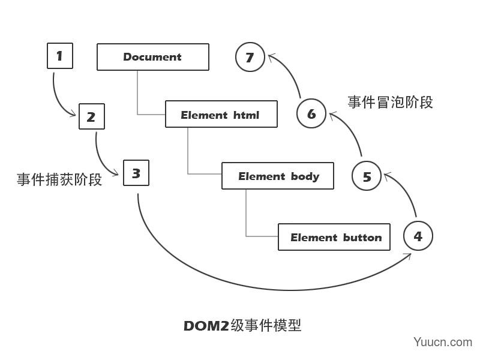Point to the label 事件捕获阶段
(59, 179)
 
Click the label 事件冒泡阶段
(391, 102)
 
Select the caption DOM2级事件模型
(242, 325)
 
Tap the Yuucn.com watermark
(443, 342)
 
